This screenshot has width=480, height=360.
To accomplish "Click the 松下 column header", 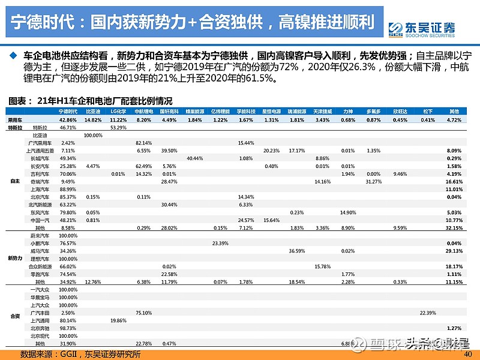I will point(427,112).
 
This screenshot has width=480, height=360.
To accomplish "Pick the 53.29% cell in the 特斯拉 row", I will point(118,128).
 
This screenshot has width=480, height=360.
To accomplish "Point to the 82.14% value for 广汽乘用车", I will point(143,143).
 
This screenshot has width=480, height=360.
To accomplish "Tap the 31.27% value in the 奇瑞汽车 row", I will point(374,181).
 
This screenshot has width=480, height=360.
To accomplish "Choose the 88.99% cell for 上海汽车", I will point(68,189).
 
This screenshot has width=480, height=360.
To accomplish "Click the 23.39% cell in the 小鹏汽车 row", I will point(220,243).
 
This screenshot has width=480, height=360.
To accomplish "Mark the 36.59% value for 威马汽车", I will point(296,251).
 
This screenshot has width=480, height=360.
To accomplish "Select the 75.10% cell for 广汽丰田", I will point(143,313).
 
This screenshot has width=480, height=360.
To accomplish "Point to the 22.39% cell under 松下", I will point(427,313).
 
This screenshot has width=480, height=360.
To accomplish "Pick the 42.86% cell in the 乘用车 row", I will point(68,120).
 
